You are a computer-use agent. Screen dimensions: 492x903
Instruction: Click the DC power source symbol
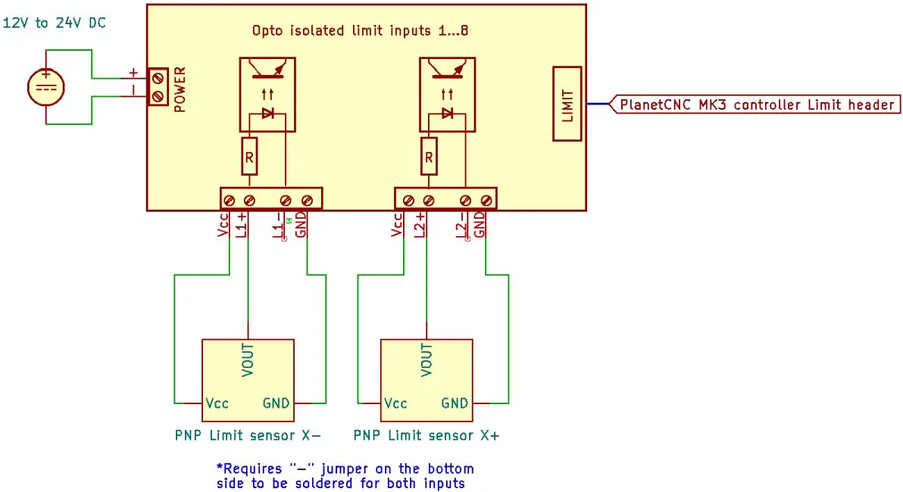point(46,86)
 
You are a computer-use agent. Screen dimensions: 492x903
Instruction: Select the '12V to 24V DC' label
point(55,23)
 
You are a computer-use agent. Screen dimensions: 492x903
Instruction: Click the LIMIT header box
point(568,104)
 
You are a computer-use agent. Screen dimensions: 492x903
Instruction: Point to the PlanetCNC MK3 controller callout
point(756,105)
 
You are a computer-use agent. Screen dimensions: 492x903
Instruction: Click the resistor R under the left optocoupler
point(250,157)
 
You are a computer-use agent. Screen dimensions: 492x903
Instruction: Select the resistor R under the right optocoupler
point(429,157)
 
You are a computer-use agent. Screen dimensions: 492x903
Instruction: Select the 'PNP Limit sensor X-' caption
point(248,436)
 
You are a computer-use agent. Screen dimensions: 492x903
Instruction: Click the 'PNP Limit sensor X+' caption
point(427,436)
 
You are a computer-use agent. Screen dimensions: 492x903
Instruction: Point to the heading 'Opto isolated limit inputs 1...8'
point(365,32)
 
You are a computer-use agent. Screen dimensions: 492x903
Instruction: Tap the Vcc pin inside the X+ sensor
point(395,403)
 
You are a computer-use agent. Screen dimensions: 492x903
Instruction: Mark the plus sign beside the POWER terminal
point(133,73)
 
